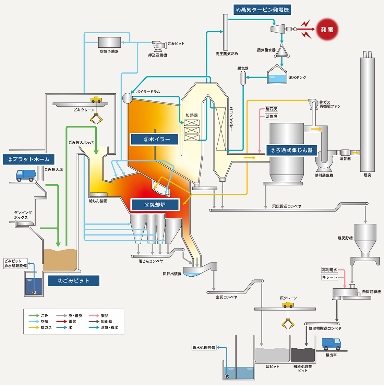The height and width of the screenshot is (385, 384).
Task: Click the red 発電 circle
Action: click(327, 30)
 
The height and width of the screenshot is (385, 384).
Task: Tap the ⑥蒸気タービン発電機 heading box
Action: click(263, 10)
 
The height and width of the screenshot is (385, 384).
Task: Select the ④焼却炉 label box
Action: click(155, 205)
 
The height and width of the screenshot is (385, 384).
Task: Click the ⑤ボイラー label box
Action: click(155, 139)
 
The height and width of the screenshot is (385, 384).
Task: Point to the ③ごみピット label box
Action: click(73, 280)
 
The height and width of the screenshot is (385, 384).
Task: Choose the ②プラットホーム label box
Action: click(28, 159)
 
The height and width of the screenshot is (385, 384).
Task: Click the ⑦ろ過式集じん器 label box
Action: click(292, 150)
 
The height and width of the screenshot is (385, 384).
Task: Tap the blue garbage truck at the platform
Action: click(25, 176)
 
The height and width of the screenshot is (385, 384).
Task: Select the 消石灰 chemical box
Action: click(271, 109)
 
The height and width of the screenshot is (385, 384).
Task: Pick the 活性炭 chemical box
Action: click(272, 116)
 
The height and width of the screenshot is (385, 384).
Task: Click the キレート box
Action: click(329, 277)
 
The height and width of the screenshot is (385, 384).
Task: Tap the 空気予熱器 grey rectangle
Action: click(109, 43)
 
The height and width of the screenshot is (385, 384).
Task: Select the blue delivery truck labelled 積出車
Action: click(332, 344)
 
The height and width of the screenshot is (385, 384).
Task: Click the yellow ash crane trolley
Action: click(288, 305)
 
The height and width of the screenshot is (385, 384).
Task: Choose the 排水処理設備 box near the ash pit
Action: click(204, 348)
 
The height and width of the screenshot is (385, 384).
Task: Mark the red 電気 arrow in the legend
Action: click(61, 322)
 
